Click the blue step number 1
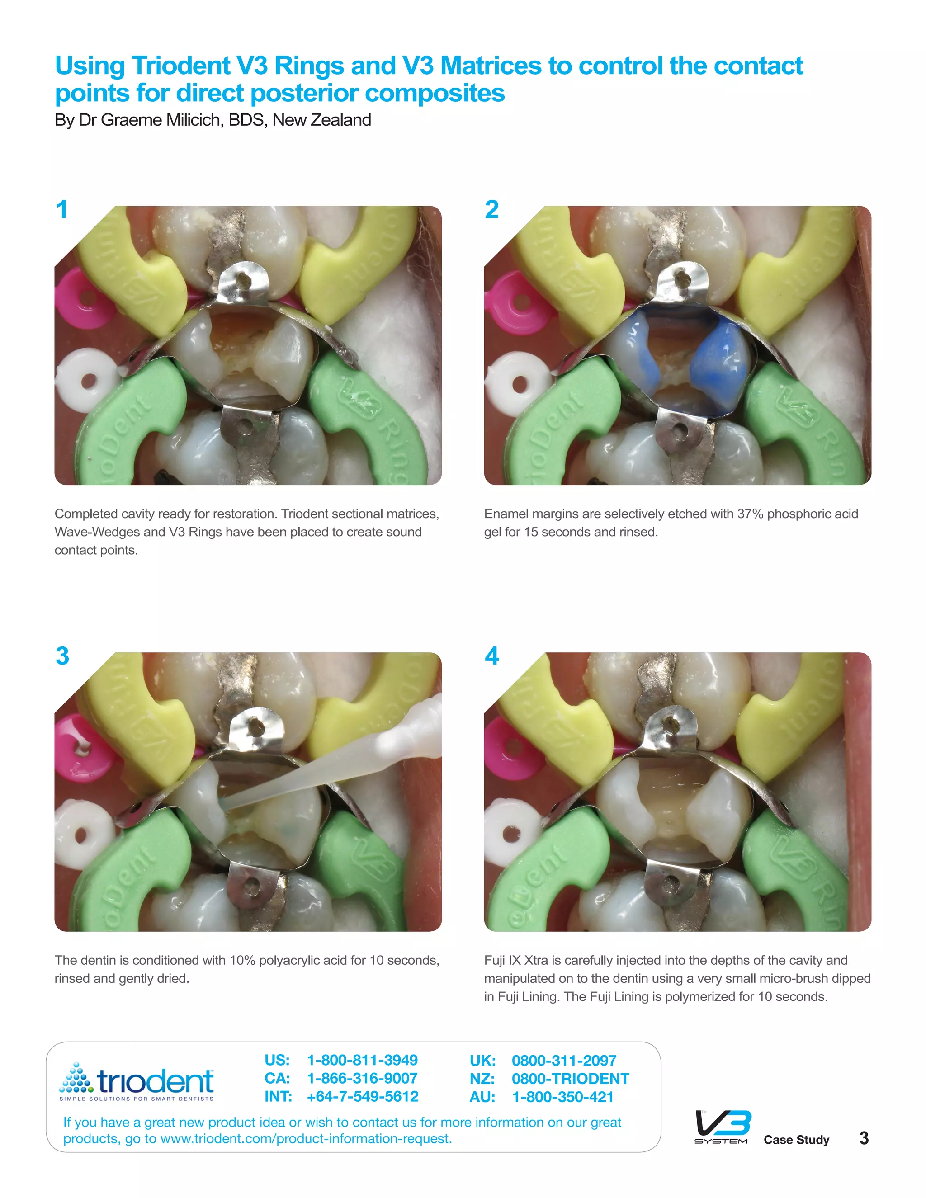[x=62, y=210]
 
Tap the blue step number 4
[x=491, y=656]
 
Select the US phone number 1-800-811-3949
[x=362, y=1060]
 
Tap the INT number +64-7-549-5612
[x=362, y=1097]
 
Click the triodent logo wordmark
[x=155, y=1081]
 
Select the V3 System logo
[x=722, y=1127]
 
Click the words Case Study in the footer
[x=796, y=1140]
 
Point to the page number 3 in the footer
[x=864, y=1138]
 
